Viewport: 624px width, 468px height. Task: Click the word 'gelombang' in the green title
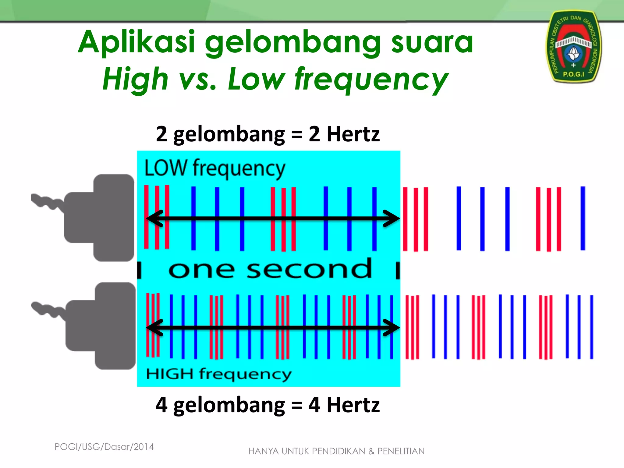click(293, 43)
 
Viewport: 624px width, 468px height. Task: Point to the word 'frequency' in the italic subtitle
click(371, 80)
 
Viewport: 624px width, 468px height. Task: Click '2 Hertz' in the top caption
click(344, 134)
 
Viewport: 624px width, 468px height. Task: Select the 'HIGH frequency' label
click(218, 374)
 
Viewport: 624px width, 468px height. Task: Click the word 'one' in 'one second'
click(201, 270)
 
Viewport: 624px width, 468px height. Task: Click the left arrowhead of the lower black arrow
click(155, 328)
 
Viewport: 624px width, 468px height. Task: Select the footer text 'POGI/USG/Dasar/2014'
click(104, 447)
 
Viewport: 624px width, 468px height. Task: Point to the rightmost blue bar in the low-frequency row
click(583, 218)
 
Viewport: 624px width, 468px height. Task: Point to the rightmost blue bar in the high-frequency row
click(591, 327)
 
